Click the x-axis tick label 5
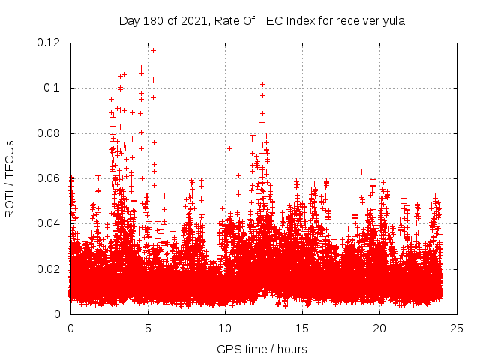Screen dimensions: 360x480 click(148, 328)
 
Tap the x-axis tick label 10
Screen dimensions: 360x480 click(225, 328)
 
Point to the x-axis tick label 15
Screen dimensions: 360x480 click(302, 328)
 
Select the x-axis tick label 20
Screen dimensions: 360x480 click(380, 328)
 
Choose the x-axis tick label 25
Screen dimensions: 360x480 click(457, 328)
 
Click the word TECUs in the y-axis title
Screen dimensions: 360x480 click(10, 159)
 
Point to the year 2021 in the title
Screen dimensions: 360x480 click(190, 21)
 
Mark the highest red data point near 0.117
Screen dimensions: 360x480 click(153, 50)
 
